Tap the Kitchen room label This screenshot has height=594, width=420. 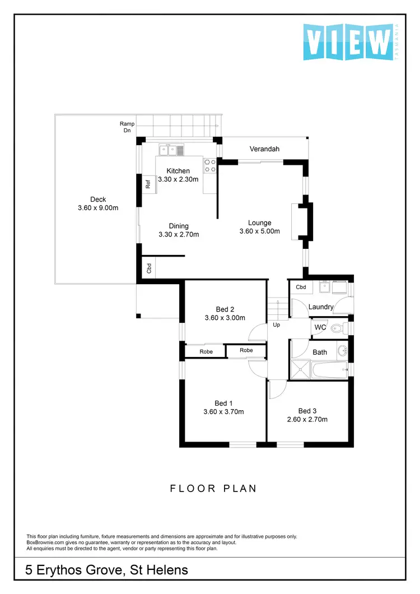pos(178,171)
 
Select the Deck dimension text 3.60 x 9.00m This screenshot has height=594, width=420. pos(98,208)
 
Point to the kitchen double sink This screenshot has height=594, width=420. pos(171,150)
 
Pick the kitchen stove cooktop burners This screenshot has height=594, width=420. pos(210,165)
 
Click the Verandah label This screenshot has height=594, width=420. pos(264,149)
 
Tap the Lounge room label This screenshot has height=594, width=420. pos(260,222)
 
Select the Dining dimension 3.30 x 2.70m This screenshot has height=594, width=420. pos(179,235)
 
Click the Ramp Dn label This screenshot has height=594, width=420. pos(127,127)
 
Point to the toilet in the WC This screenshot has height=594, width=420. pos(337,328)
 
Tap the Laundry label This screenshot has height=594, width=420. pos(321,307)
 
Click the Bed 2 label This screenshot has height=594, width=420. pos(225,309)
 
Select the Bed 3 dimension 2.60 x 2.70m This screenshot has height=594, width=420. pos(307,419)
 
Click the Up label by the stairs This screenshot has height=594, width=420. pos(276,324)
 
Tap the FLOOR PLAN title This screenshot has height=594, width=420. pos(213,489)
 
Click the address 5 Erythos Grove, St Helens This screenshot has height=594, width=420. pos(107,570)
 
